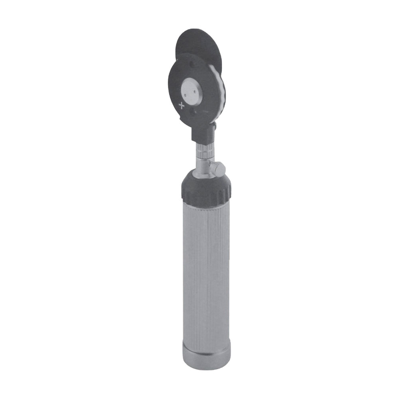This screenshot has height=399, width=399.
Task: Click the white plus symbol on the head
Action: click(182, 106)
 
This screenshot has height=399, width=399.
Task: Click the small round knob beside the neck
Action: click(218, 168)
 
